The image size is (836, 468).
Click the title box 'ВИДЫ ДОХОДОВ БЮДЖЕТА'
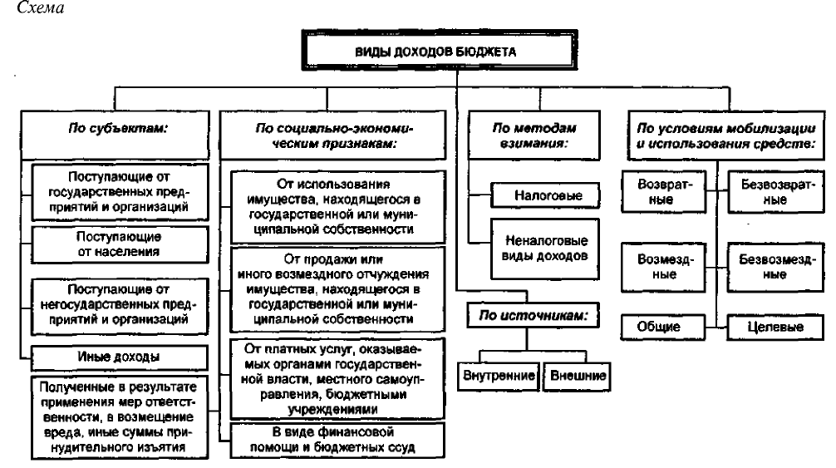[440, 51]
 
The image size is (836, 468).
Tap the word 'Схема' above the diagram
[41, 8]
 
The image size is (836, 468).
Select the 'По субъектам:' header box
[115, 135]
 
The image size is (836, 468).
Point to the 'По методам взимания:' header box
[534, 135]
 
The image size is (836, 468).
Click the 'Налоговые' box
[545, 195]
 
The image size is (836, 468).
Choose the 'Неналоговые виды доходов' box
[545, 249]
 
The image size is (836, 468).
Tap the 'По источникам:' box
[533, 315]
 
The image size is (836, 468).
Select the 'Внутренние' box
[499, 376]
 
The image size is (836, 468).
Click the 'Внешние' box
[577, 376]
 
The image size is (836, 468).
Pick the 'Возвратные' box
[663, 192]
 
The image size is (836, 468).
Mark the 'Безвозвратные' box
[776, 192]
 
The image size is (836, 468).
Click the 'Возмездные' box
[663, 267]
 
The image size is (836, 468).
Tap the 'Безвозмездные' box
[776, 267]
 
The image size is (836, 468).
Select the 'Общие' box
[662, 327]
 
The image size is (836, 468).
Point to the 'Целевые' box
[775, 327]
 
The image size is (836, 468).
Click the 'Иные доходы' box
[120, 357]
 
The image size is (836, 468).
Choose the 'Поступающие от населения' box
[120, 244]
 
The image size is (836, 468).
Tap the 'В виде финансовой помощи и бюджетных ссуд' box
[337, 441]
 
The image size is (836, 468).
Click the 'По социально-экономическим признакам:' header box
[332, 135]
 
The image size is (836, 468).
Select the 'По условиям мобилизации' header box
[726, 135]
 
